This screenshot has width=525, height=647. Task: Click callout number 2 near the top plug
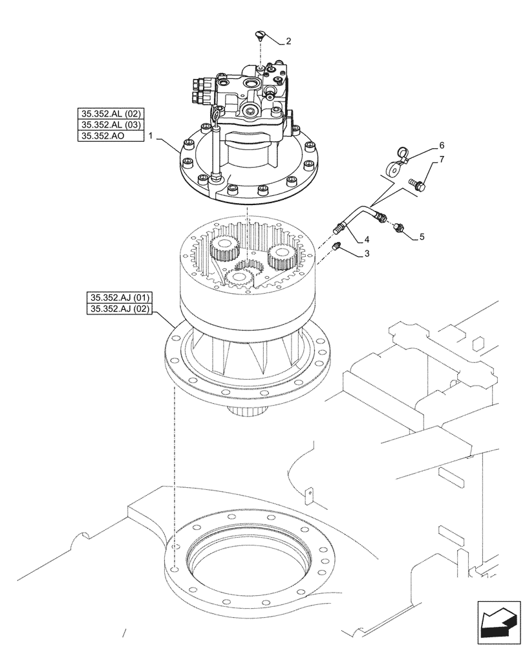coord(288,41)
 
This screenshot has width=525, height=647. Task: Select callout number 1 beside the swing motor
coord(151,136)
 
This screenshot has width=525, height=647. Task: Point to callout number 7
coord(442,159)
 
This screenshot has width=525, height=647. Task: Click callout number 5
coord(422,237)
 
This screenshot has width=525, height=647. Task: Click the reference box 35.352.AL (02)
coord(109,114)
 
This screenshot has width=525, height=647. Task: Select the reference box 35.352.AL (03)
coord(109,125)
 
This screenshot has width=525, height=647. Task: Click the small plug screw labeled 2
coord(261,36)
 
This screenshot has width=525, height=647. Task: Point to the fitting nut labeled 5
coord(400,227)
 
